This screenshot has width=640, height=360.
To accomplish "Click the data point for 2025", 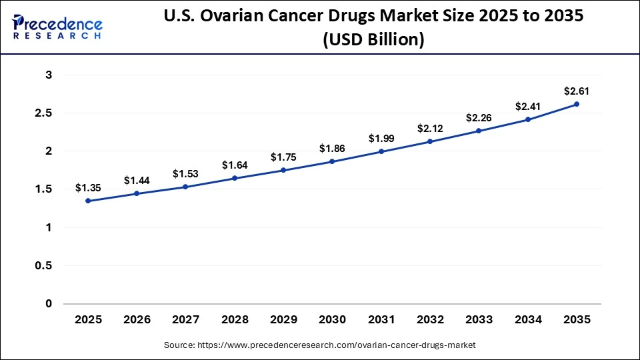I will coord(88,201).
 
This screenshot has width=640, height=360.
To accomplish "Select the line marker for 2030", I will coord(332,161).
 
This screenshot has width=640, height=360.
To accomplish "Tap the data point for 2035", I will coord(576,104).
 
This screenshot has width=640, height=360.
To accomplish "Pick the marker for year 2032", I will coord(429,141).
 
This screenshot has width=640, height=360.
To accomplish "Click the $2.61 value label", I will coord(576,91).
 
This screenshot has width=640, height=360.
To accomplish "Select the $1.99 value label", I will coord(381,138).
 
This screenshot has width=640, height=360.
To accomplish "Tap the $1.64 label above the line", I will coord(234,165).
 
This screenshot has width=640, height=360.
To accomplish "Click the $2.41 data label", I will coord(527,106).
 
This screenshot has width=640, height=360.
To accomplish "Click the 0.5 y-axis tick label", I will coord(43,266).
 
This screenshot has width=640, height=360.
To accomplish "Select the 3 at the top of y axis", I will coord(49,75).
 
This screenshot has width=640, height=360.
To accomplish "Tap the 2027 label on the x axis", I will coord(185,320).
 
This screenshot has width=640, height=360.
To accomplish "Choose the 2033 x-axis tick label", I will coord(478,320).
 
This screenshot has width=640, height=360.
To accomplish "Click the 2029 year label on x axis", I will coord(283,320).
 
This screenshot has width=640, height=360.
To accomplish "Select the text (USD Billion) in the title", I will coord(373,39).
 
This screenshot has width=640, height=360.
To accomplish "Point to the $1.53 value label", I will coord(185,173).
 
